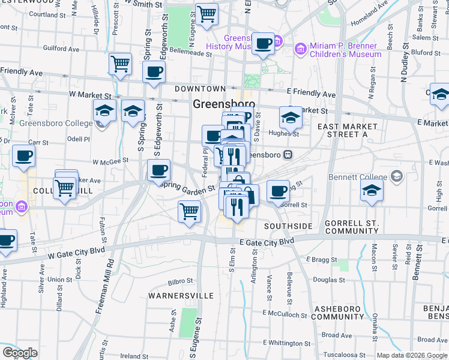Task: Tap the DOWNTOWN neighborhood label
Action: click(x=200, y=89)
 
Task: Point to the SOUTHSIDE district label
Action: click(x=288, y=226)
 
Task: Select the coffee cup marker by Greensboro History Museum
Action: click(x=263, y=43)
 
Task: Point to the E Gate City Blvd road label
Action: click(x=267, y=241)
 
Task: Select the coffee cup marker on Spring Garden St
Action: click(x=158, y=170)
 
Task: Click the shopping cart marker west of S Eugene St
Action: click(x=189, y=211)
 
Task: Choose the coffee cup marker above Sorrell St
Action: click(x=278, y=191)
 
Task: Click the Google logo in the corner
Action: click(x=20, y=353)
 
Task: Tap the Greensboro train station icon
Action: click(x=288, y=154)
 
